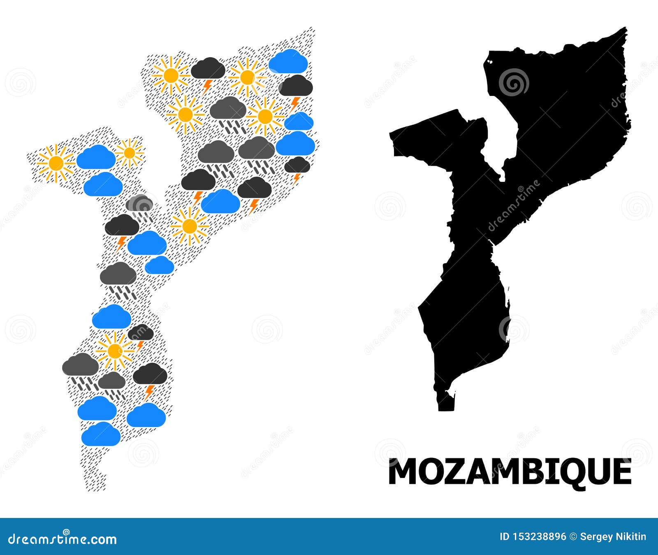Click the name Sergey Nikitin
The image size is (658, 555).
tap(613, 536)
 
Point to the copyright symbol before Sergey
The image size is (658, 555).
tap(573, 536)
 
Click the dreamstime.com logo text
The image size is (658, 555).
tap(63, 539)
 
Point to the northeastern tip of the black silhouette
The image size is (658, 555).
tap(625, 30)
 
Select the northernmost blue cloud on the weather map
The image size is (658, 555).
tap(289, 60)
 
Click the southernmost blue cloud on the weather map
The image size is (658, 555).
tap(101, 434)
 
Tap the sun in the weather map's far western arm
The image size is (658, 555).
tap(56, 163)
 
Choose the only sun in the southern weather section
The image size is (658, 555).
tap(115, 351)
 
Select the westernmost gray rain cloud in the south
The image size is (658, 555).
tap(81, 365)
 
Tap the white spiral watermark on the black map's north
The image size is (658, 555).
tap(514, 82)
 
